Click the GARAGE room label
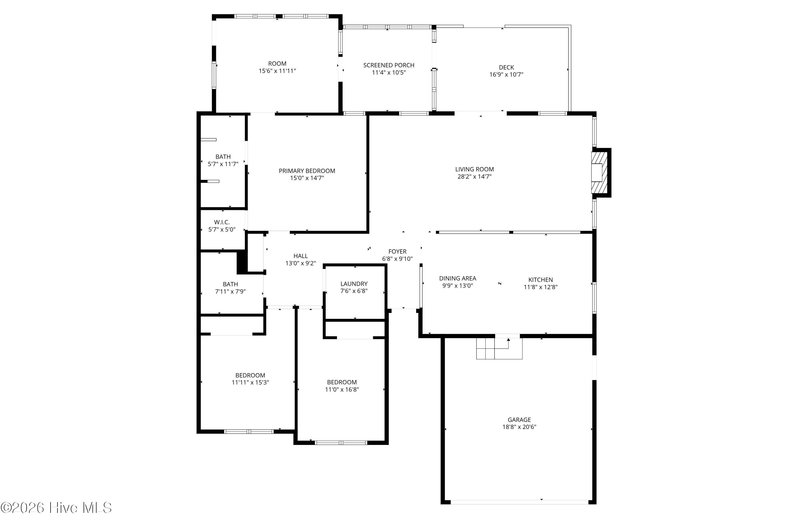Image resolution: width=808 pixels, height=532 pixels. pos(519,420)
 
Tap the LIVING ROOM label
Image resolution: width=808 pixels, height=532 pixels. pos(474,169)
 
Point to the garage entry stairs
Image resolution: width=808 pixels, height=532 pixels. pos(499,348)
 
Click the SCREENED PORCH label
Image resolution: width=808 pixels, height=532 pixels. pos(389,65)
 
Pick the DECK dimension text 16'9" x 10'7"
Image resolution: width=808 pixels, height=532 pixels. pos(506,75)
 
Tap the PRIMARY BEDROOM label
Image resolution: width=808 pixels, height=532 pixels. pos(307,171)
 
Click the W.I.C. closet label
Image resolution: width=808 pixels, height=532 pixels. pos(222,222)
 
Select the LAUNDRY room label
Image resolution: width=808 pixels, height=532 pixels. pos(354,284)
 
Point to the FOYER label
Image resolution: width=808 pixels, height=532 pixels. pos(397,251)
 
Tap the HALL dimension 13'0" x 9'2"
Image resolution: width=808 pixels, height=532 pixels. pos(301,263)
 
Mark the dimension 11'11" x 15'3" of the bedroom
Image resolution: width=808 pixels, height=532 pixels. pos(250,382)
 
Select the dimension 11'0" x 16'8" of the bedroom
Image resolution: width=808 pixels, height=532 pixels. pos(342,390)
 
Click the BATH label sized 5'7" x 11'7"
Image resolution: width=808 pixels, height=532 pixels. pos(223,157)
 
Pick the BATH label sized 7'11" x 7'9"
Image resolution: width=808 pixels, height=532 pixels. pos(230,284)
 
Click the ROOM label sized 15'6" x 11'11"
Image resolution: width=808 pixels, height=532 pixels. pos(277,64)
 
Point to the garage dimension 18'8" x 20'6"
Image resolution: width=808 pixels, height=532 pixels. pos(519,427)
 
